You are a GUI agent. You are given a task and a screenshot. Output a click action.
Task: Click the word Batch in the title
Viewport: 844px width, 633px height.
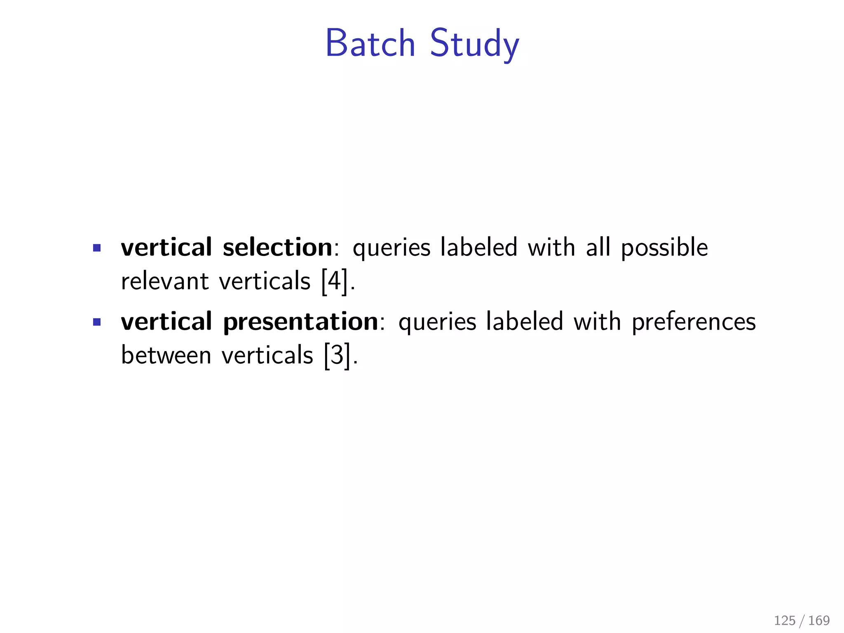coord(370,44)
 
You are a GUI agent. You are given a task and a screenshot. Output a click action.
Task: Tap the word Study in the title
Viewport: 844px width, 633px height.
coord(474,44)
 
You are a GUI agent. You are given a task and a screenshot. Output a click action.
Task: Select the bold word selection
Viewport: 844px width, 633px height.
coord(277,247)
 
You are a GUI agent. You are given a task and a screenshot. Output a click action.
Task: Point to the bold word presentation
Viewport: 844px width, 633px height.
coord(300,321)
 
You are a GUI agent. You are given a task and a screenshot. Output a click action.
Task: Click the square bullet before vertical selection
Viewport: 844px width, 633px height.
coord(97,248)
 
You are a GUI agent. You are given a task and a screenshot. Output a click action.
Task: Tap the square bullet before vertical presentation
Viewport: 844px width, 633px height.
coord(97,322)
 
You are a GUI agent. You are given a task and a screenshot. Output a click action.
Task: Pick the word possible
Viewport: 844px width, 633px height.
coord(664,248)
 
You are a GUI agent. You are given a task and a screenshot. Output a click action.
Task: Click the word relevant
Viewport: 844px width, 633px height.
coord(165,281)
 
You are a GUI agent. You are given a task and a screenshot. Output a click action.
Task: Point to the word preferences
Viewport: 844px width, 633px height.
coord(694,322)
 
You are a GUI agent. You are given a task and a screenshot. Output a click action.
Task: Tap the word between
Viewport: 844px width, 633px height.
coord(166,355)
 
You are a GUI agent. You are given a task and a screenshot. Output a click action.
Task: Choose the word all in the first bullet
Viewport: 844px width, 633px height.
coord(598,247)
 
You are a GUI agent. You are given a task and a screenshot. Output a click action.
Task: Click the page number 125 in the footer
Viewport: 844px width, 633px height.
coord(785,620)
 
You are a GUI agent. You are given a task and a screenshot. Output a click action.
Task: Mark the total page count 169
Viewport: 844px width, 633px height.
coord(819,620)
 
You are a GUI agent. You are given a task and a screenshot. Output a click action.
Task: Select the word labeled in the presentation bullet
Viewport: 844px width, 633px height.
coord(524,321)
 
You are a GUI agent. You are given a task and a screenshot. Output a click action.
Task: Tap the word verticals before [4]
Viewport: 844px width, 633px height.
coord(265,281)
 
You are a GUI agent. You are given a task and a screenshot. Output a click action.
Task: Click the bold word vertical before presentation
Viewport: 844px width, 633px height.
coord(166,321)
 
